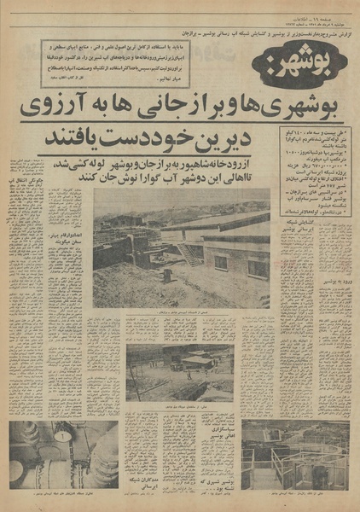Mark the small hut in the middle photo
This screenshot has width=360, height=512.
[198, 362]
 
